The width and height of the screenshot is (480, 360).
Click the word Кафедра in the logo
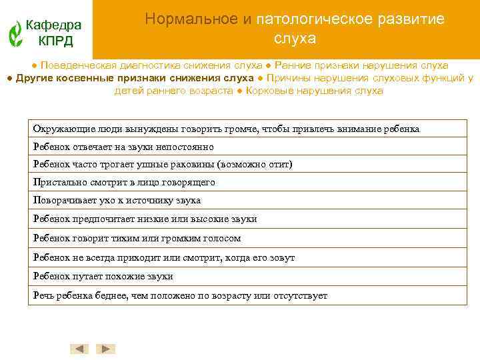coord(53,25)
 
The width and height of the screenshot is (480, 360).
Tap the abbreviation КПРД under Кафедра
coord(55,41)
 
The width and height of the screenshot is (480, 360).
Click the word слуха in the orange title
coord(295,39)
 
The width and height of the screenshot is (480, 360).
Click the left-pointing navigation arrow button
coord(80,349)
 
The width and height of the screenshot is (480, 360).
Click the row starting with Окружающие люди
coord(226,128)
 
